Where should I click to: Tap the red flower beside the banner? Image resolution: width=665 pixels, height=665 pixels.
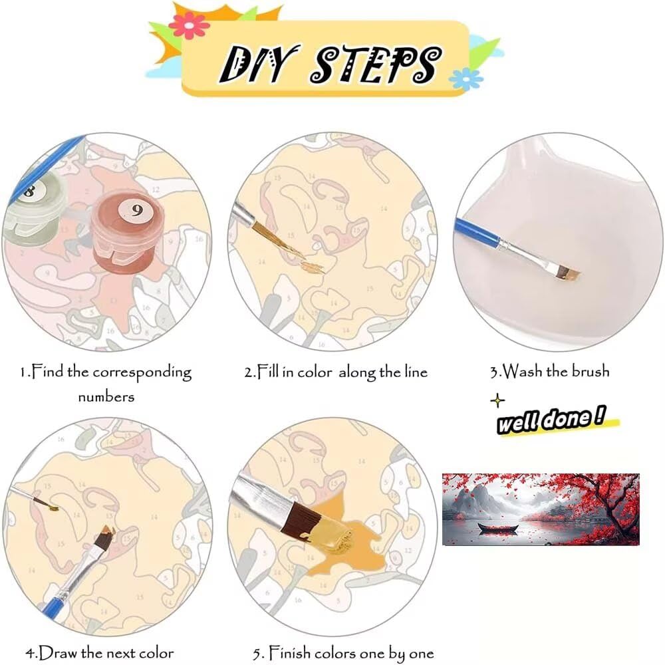[189, 26]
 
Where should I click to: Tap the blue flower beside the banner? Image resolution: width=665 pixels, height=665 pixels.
[465, 78]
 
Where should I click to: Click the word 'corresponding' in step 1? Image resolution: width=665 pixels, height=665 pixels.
[142, 373]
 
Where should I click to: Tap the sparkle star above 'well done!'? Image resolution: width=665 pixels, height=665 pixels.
[497, 400]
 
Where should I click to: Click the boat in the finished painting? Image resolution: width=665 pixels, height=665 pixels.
[498, 528]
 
